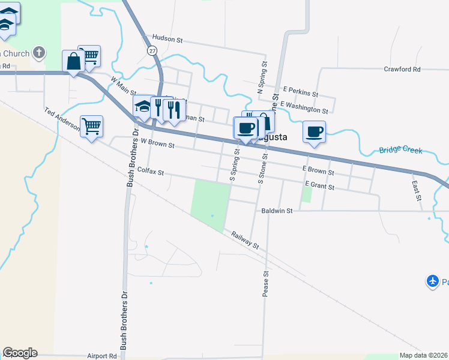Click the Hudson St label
pyautogui.click(x=167, y=39)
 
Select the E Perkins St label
pyautogui.click(x=301, y=91)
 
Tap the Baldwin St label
pyautogui.click(x=277, y=211)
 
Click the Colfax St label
pyautogui.click(x=151, y=172)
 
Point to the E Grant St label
pyautogui.click(x=319, y=187)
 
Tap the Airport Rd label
pyautogui.click(x=101, y=356)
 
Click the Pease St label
pyautogui.click(x=265, y=283)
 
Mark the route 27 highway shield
pyautogui.click(x=151, y=50)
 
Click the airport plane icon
pyautogui.click(x=433, y=280)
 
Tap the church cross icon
pyautogui.click(x=40, y=53)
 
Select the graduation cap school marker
pyautogui.click(x=143, y=106)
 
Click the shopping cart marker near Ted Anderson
pyautogui.click(x=92, y=127)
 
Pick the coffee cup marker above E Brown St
pyautogui.click(x=314, y=131)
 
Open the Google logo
pyautogui.click(x=20, y=353)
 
